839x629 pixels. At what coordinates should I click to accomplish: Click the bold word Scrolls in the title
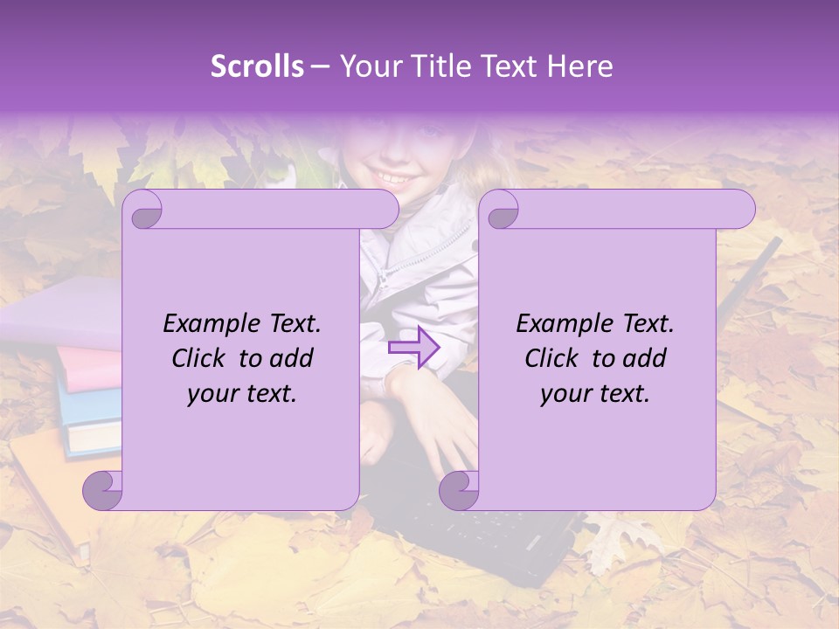257,66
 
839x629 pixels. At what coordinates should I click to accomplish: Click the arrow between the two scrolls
413,348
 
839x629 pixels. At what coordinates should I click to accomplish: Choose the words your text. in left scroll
242,394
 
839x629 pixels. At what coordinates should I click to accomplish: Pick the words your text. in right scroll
595,394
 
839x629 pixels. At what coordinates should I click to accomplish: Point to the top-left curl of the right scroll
501,210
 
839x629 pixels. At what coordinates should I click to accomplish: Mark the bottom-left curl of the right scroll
460,489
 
